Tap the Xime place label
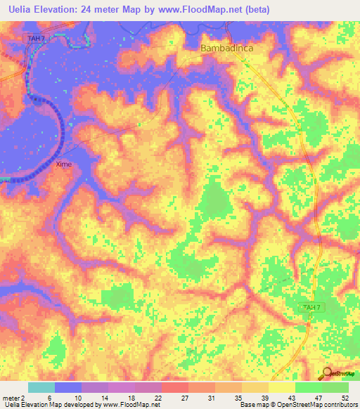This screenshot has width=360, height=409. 64,164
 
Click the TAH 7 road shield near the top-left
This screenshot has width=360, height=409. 33,37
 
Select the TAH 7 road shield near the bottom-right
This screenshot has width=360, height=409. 311,308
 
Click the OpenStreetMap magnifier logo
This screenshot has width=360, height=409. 328,375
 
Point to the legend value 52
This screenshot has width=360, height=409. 344,398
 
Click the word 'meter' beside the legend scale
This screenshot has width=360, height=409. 10,398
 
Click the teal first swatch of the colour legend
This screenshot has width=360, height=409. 41,387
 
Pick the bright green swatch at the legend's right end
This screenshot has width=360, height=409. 335,387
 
